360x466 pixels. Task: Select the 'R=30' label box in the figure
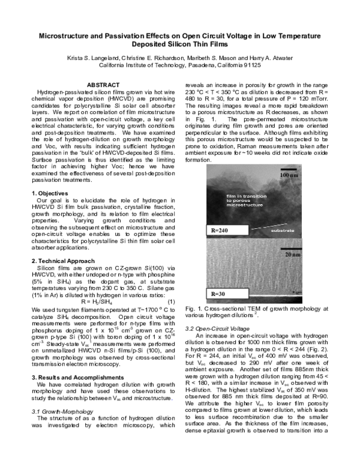[219, 294]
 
